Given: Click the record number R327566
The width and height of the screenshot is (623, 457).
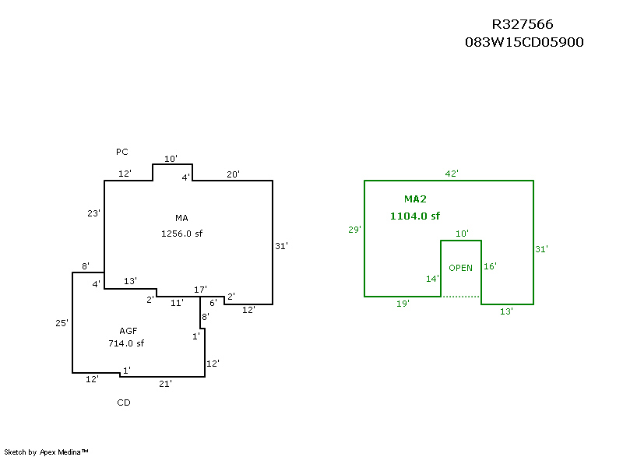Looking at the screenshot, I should (x=523, y=25).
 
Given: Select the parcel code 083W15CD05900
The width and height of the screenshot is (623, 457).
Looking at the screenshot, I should (x=524, y=42).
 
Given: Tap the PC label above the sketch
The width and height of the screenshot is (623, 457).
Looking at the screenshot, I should (x=121, y=151).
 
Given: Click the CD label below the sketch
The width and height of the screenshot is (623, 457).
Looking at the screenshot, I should (x=124, y=403).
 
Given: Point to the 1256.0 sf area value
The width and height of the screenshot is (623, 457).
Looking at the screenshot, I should (x=181, y=233).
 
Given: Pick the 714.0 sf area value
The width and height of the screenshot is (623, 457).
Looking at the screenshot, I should (x=126, y=343).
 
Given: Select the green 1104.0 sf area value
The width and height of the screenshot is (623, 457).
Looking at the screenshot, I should (x=415, y=216).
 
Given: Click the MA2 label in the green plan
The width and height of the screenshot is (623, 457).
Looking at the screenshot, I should (x=415, y=199).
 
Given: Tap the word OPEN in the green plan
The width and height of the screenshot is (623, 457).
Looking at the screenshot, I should (x=460, y=268).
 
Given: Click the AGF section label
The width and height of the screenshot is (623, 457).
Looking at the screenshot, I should (x=128, y=329).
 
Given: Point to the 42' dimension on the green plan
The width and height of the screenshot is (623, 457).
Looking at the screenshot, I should (x=452, y=173).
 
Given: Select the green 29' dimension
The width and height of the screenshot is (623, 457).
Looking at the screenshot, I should (x=354, y=230).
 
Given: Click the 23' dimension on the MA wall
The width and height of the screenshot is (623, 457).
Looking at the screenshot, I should (x=94, y=213).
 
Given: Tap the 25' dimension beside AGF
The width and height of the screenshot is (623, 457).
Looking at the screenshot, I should (x=62, y=322).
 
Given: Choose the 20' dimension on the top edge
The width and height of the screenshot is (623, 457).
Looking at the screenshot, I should (x=233, y=174).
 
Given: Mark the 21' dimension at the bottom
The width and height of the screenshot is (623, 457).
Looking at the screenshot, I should (x=165, y=383).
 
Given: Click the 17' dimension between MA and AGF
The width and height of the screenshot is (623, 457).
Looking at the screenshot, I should (x=200, y=290).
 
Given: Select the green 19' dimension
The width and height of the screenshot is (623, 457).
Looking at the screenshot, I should (x=403, y=304).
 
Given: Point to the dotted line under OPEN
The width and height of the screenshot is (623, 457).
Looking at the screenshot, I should (x=461, y=297).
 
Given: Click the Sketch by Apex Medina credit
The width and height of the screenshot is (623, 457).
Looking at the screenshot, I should (x=46, y=451).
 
